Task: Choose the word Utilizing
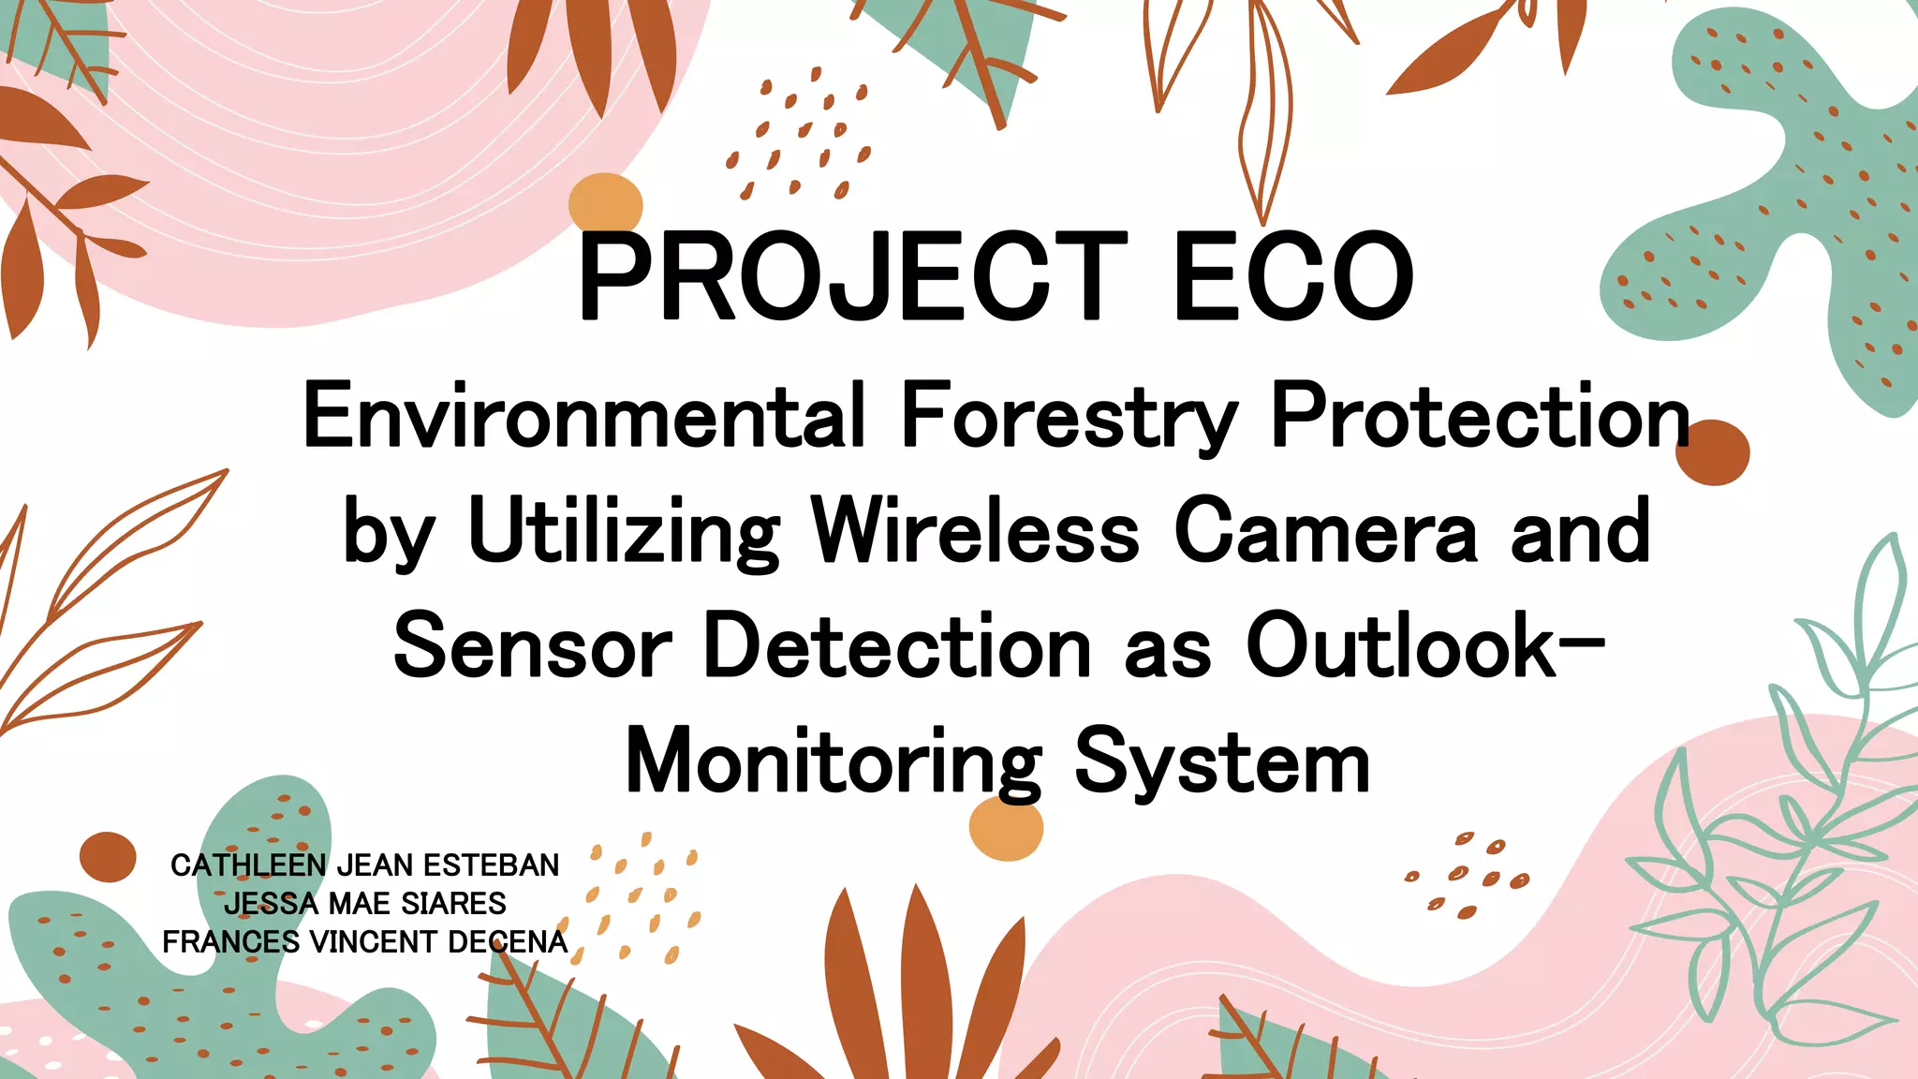tap(624, 531)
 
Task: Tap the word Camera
tap(1325, 531)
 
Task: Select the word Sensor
tap(532, 647)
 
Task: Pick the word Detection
tap(897, 645)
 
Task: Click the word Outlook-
tap(1425, 645)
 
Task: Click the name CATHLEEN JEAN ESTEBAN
tap(364, 865)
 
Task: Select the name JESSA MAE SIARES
tap(364, 903)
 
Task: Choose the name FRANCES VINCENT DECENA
tap(364, 941)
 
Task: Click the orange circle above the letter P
tap(605, 203)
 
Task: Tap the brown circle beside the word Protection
tap(1713, 452)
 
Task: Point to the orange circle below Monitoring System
tap(1006, 828)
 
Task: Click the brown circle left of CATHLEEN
tap(108, 856)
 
